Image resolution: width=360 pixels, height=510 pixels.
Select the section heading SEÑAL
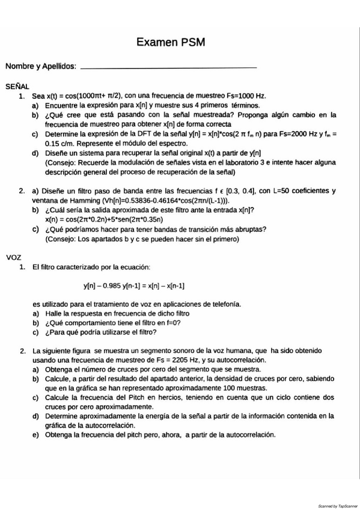17,87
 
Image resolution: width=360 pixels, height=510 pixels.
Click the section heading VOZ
13,257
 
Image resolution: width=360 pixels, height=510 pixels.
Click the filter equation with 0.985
134,286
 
